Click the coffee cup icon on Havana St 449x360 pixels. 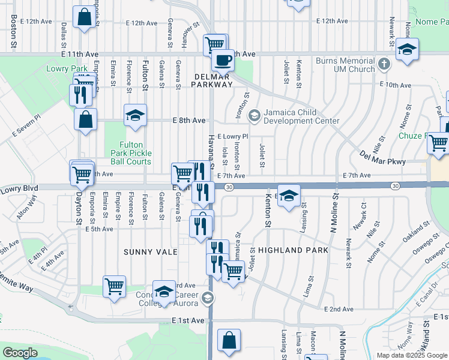tap(223, 61)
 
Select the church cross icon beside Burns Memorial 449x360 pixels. tap(385, 62)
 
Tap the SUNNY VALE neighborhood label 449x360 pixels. tap(151, 251)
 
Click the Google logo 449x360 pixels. tap(20, 353)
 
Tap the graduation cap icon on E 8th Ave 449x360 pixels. tap(136, 115)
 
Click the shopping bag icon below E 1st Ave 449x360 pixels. tap(228, 340)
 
